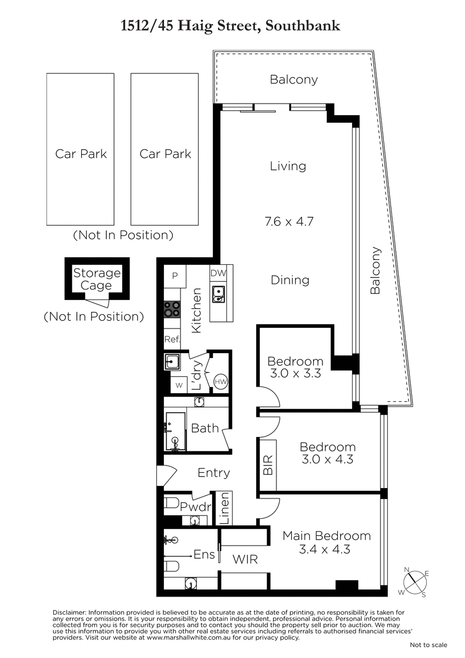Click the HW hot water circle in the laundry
(221, 381)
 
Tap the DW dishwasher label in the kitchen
(218, 273)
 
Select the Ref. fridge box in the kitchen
(172, 339)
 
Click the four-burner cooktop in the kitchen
(172, 309)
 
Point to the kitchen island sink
(218, 294)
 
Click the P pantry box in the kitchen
(175, 276)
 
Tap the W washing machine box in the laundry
(179, 385)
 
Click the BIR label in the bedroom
(268, 465)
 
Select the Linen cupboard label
(224, 508)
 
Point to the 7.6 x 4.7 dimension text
(290, 221)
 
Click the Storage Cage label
(97, 279)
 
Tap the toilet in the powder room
(171, 503)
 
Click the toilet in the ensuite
(171, 566)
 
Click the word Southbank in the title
(303, 26)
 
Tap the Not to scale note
(429, 645)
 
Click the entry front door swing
(167, 475)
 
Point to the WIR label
(245, 560)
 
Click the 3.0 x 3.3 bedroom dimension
(295, 373)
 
